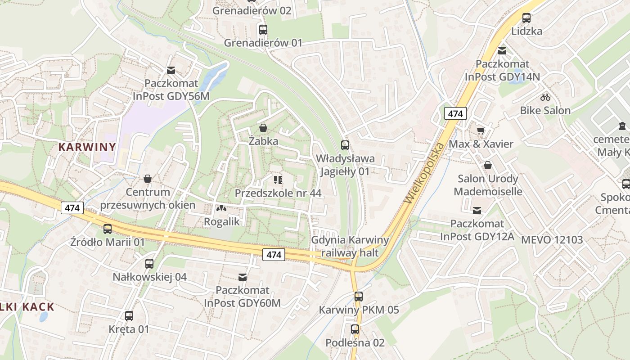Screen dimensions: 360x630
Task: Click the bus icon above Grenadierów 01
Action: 263,30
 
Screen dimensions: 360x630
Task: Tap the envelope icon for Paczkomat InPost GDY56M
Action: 171,70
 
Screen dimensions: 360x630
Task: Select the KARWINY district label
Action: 87,147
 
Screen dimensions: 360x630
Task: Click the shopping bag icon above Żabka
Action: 263,128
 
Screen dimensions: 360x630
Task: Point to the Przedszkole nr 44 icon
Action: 278,180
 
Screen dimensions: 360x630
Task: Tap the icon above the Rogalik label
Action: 220,208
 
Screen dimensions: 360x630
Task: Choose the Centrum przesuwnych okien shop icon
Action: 147,179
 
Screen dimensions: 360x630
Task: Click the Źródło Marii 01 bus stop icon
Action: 108,229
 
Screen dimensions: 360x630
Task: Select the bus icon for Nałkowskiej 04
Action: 149,264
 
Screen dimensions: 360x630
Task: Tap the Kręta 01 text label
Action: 129,329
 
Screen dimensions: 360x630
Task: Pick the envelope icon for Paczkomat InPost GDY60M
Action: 243,277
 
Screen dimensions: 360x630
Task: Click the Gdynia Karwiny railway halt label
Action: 350,246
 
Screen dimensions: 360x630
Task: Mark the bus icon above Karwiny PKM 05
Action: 358,297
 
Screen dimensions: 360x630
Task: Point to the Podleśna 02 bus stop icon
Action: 355,329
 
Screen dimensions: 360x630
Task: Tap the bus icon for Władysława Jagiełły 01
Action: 345,145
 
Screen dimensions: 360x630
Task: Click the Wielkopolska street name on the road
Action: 424,172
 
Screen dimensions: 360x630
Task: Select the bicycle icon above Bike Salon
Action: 545,97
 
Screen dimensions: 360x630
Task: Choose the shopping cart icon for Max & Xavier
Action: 481,130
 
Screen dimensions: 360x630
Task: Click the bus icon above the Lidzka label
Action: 526,18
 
